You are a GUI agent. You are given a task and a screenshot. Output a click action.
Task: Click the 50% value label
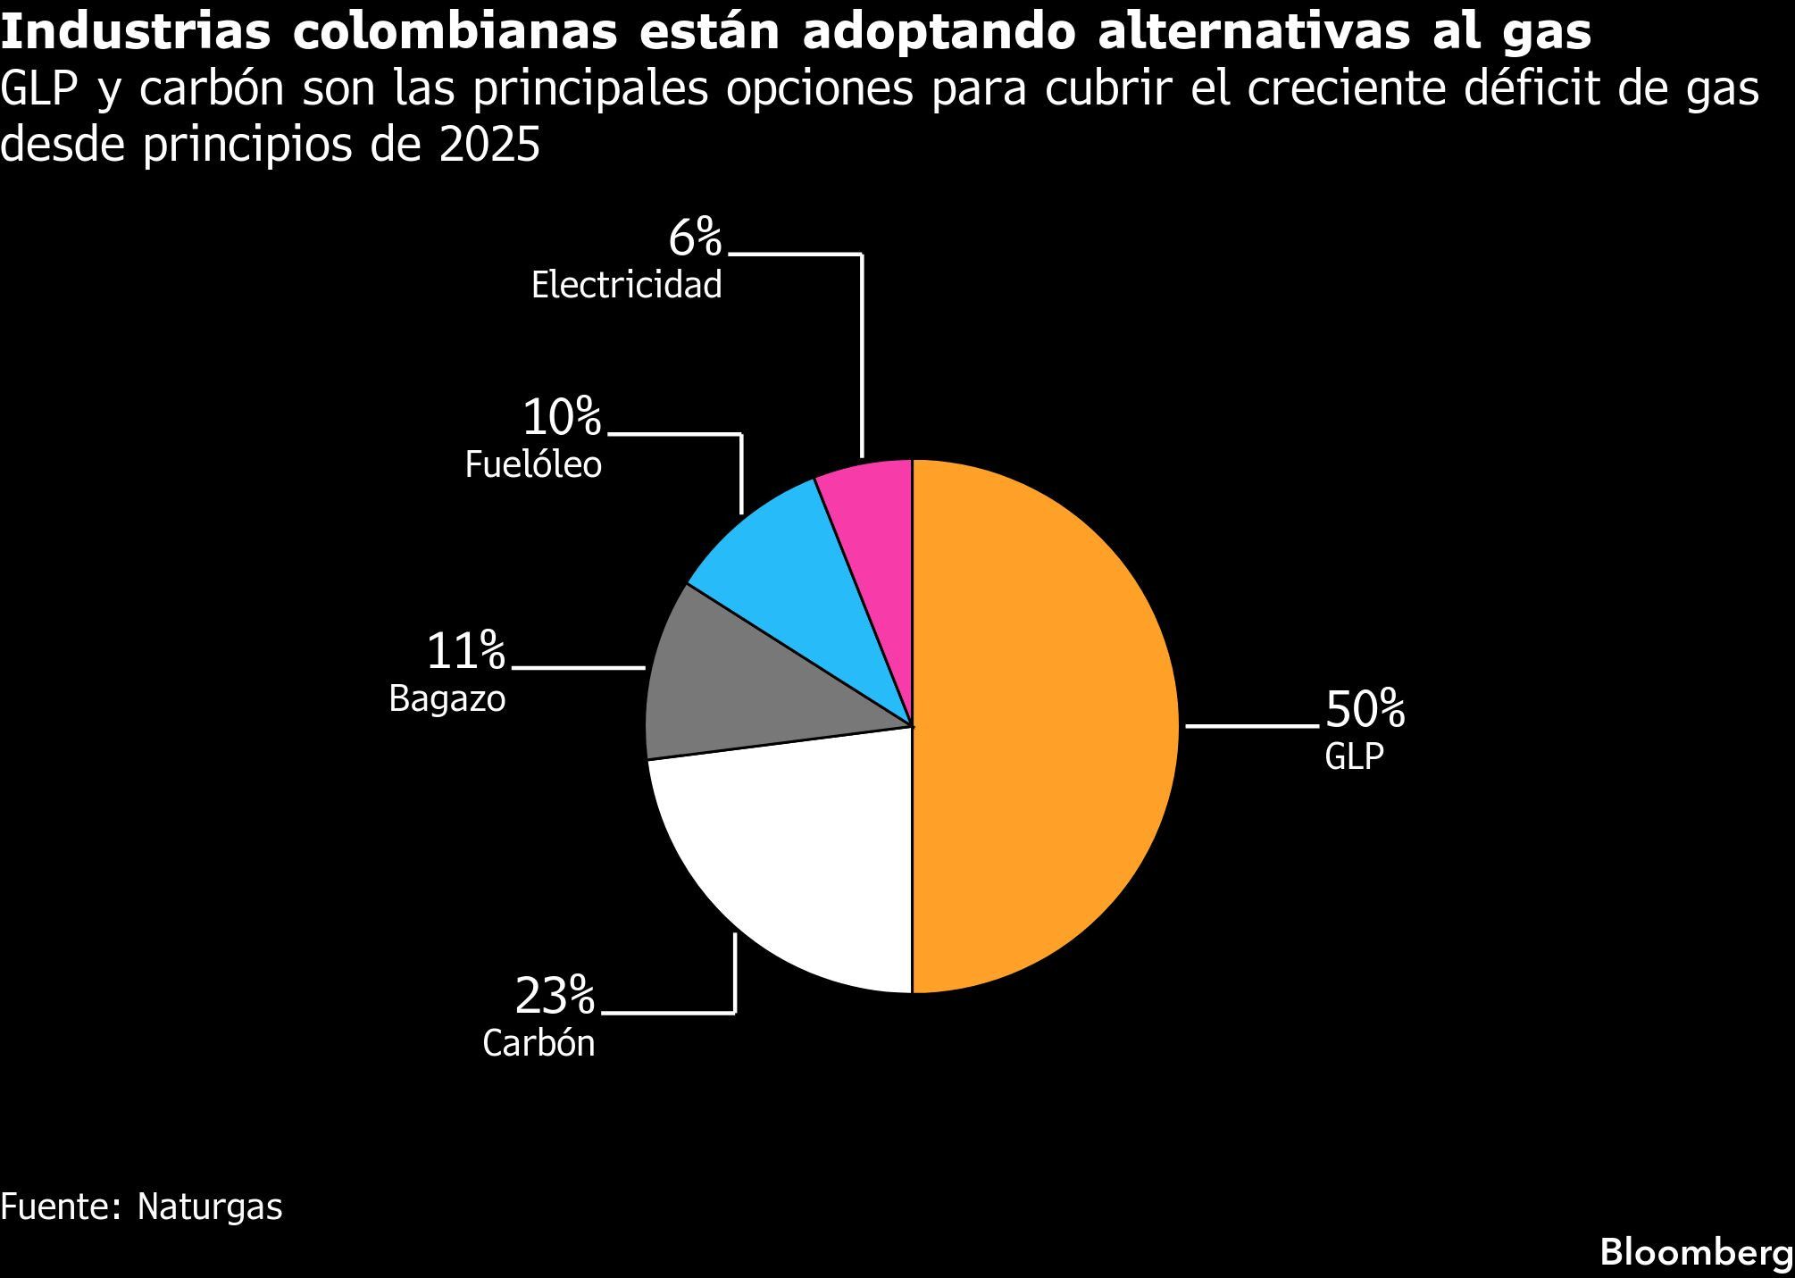[1365, 710]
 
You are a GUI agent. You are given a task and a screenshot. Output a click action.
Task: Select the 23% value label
[554, 996]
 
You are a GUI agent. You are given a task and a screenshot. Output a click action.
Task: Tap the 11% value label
[465, 650]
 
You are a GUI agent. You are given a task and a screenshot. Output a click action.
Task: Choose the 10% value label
[561, 417]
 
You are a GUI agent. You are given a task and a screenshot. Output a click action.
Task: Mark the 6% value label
[694, 238]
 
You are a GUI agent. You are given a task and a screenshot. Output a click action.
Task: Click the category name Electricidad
[626, 286]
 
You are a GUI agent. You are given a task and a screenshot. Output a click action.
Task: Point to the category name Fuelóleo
[533, 465]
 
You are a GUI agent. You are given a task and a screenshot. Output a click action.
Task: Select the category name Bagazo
[447, 698]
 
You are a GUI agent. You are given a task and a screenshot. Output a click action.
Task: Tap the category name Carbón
[538, 1043]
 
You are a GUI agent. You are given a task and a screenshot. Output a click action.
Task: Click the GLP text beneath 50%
[1354, 756]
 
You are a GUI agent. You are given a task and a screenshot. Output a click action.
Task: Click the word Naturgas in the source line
[210, 1207]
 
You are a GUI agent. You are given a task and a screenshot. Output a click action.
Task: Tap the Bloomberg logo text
[1695, 1252]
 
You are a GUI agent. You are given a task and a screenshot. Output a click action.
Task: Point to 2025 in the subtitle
[489, 145]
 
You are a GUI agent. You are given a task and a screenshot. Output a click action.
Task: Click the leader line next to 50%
[1250, 726]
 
